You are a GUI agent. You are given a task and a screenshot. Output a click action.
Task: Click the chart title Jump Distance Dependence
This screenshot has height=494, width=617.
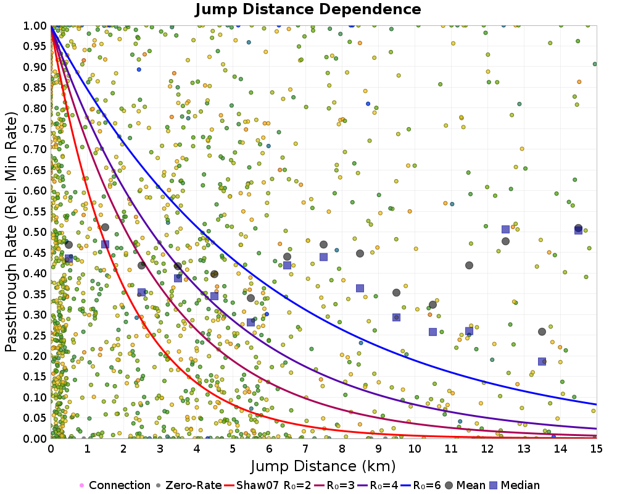308,10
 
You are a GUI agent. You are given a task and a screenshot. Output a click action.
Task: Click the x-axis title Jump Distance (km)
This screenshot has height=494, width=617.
323,465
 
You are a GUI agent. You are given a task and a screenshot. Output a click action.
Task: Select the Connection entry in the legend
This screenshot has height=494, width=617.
115,485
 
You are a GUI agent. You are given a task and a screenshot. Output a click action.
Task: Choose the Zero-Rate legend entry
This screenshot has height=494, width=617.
189,485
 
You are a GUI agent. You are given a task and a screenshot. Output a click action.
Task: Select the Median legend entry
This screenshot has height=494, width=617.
515,485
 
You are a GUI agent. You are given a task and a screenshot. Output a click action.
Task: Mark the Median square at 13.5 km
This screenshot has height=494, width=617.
542,361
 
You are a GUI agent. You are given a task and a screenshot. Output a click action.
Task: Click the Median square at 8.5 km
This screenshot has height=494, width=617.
360,288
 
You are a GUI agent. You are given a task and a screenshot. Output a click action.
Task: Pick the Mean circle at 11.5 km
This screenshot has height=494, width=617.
469,266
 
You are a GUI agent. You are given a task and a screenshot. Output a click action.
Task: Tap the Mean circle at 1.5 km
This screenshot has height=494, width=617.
105,227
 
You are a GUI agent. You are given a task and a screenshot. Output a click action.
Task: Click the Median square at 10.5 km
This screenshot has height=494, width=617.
433,332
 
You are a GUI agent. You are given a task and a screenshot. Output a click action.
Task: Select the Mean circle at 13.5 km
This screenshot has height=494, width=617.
542,332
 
